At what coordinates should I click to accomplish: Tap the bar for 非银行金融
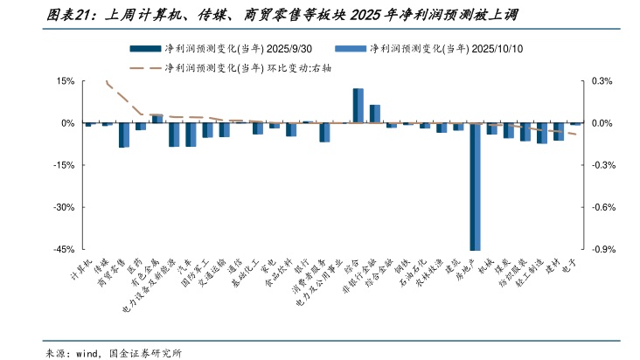(374, 114)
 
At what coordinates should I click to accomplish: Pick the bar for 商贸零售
(124, 135)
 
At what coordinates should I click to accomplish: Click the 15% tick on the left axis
(66, 81)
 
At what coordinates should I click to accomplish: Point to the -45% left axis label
(64, 250)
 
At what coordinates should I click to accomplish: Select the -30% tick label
(64, 208)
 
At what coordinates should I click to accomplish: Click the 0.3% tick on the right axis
(603, 81)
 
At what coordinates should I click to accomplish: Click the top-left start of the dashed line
(106, 81)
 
